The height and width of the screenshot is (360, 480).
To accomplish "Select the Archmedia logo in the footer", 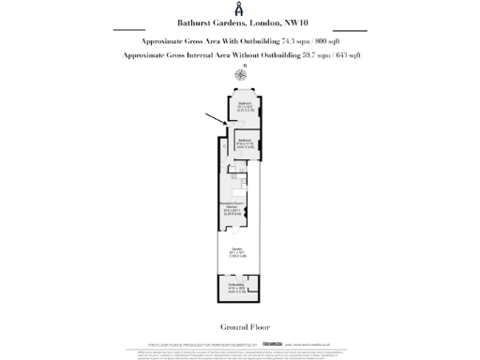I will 272,344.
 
